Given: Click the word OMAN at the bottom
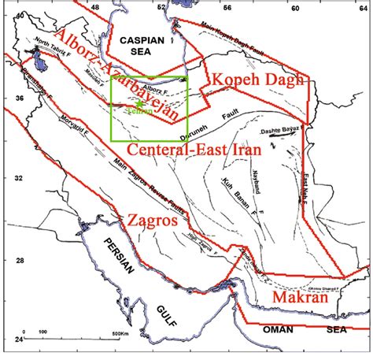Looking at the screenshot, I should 280,331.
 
